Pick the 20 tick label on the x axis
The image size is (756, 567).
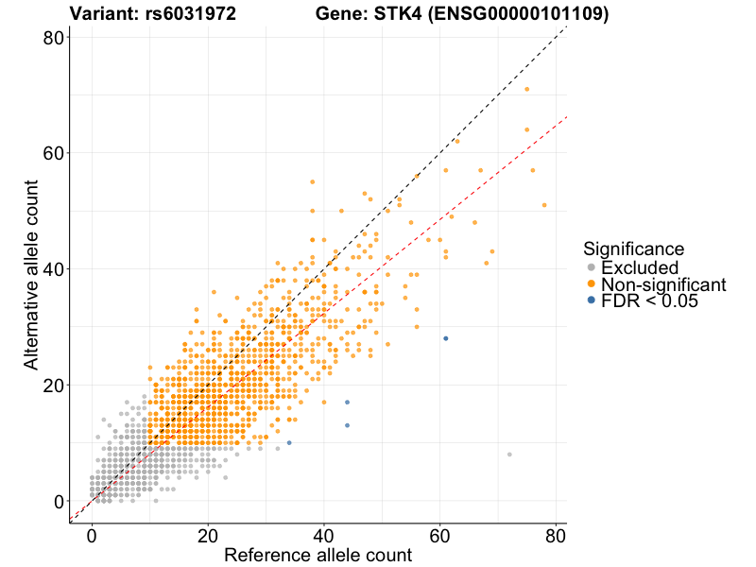point(208,534)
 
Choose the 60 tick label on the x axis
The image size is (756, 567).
point(439,534)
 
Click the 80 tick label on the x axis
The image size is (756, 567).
point(556,534)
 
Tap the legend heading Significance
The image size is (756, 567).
point(633,249)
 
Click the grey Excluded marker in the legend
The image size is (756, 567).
point(592,268)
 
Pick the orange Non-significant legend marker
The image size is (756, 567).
point(592,284)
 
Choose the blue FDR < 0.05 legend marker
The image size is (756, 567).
point(592,301)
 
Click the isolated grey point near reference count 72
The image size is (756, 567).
point(509,455)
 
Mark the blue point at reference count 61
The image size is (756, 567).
point(445,338)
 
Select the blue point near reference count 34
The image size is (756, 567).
point(289,442)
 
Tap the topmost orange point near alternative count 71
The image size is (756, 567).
point(526,90)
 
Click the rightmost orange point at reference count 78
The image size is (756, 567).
point(544,205)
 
